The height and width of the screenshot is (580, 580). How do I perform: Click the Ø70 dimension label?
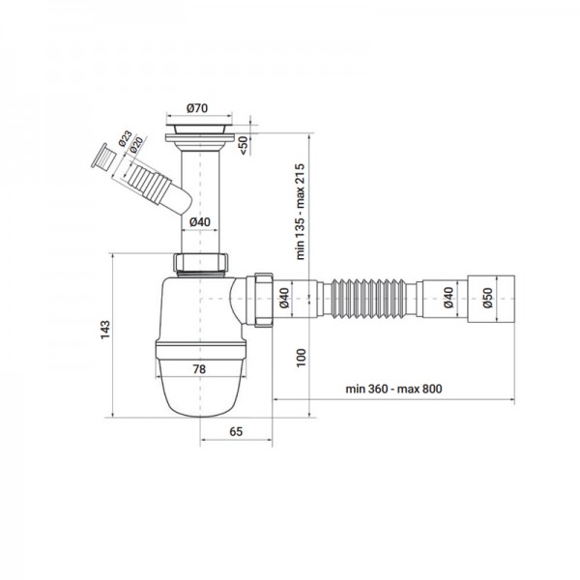tap(197, 108)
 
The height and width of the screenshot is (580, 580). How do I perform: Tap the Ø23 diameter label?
tap(125, 138)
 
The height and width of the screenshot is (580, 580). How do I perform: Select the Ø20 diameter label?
tap(136, 145)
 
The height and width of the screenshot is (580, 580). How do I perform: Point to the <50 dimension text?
tap(244, 145)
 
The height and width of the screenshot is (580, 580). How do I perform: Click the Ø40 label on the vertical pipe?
tap(200, 222)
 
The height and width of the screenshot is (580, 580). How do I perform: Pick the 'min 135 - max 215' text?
tap(300, 212)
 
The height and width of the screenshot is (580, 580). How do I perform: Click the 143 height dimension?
tap(105, 330)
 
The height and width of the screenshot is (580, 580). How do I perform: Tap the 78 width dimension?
tap(199, 369)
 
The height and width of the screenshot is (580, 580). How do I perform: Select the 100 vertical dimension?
tap(301, 358)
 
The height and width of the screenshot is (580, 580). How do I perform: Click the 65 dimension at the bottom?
tap(236, 431)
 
